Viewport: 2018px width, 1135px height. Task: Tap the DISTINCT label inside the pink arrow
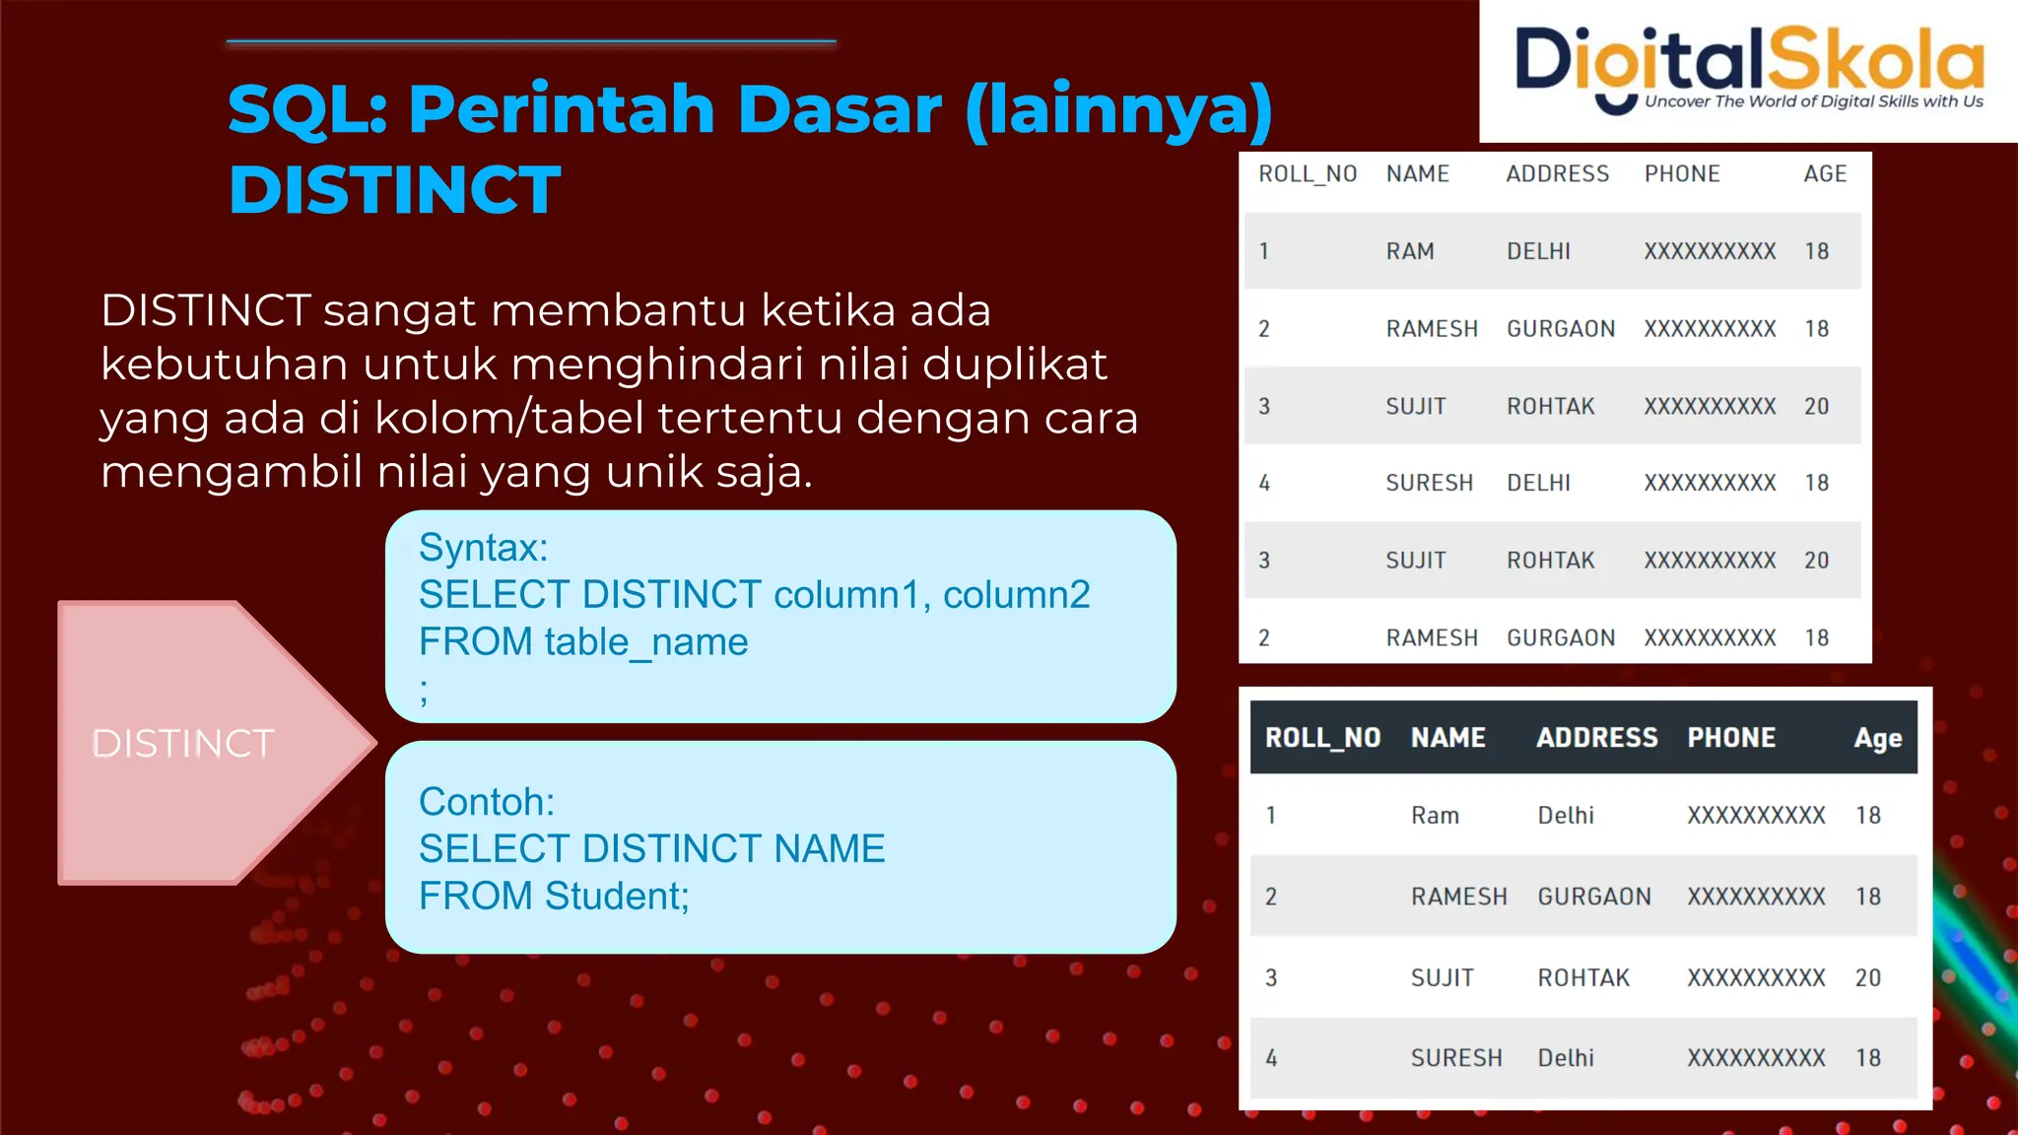(x=183, y=744)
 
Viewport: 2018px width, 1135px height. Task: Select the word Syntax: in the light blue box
(x=483, y=548)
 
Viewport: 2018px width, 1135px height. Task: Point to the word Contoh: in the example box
(x=487, y=802)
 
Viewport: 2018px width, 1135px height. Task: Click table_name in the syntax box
(x=646, y=642)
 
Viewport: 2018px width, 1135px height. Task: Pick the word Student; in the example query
(x=617, y=897)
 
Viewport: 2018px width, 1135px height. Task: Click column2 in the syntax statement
(x=1016, y=595)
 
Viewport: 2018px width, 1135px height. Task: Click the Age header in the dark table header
(x=1877, y=738)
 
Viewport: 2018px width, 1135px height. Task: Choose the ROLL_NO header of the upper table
(x=1308, y=174)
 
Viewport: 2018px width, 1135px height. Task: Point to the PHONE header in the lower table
(x=1731, y=738)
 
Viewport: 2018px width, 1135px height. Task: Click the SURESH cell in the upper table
(x=1429, y=483)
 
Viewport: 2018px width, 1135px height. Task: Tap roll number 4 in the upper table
(x=1264, y=483)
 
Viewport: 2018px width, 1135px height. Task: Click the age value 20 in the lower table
(x=1867, y=977)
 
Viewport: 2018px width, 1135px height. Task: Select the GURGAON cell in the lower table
(x=1594, y=897)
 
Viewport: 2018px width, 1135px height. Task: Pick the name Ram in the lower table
(x=1435, y=816)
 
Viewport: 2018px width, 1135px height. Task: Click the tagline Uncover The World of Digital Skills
(x=1813, y=101)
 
